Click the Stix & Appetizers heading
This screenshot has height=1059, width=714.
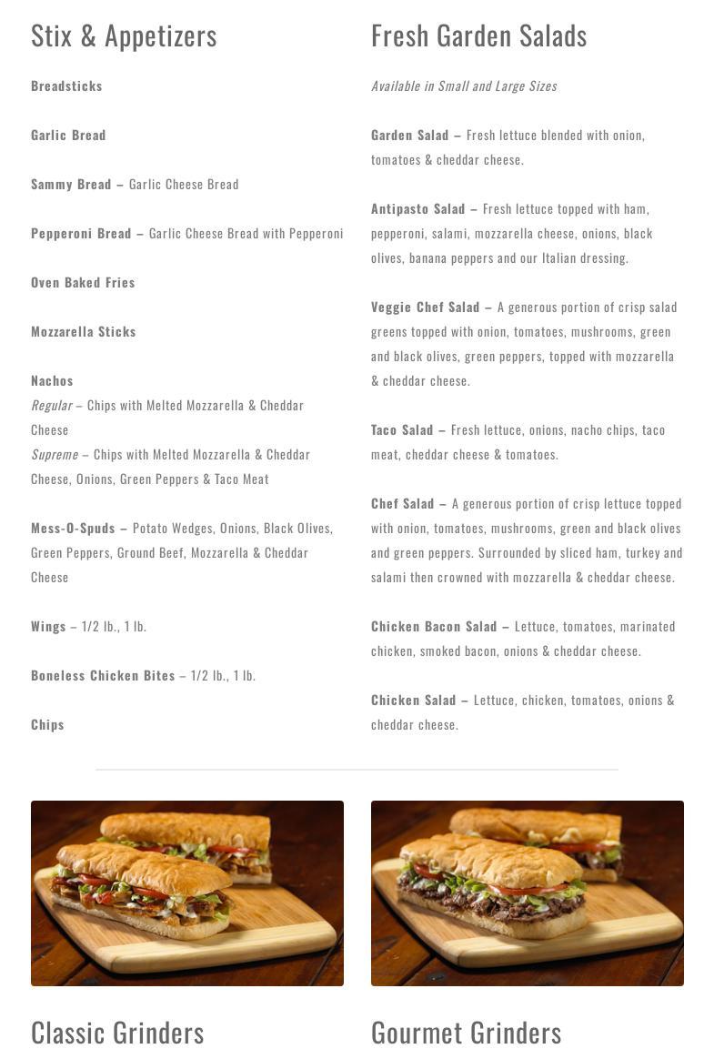pyautogui.click(x=124, y=36)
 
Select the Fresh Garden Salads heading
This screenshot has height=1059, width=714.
pyautogui.click(x=478, y=36)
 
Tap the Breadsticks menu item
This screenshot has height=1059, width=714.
pyautogui.click(x=66, y=86)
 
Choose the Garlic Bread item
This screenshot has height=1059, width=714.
pyautogui.click(x=68, y=136)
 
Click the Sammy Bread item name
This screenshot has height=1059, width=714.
pyautogui.click(x=71, y=185)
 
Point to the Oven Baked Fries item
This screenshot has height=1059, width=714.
pyautogui.click(x=83, y=283)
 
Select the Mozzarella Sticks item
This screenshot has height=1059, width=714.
pyautogui.click(x=83, y=332)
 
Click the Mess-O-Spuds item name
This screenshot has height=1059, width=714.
pyautogui.click(x=73, y=529)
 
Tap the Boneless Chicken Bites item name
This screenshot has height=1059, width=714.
pyautogui.click(x=103, y=676)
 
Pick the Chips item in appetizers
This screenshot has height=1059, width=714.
pyautogui.click(x=47, y=725)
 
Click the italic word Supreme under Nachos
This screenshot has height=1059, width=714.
pyautogui.click(x=55, y=455)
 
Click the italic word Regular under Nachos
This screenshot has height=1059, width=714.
pyautogui.click(x=51, y=406)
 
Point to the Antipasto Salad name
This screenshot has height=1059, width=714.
pyautogui.click(x=417, y=209)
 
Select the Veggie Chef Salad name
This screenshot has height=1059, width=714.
pyautogui.click(x=425, y=308)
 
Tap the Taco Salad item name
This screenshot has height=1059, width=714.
pyautogui.click(x=402, y=430)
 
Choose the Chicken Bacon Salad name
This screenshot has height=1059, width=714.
pyautogui.click(x=434, y=627)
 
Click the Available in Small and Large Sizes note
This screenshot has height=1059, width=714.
pyautogui.click(x=464, y=86)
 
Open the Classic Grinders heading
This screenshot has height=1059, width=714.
pyautogui.click(x=117, y=1033)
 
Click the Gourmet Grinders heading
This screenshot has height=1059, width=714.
pyautogui.click(x=466, y=1033)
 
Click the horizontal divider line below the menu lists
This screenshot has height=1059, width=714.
pyautogui.click(x=357, y=770)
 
